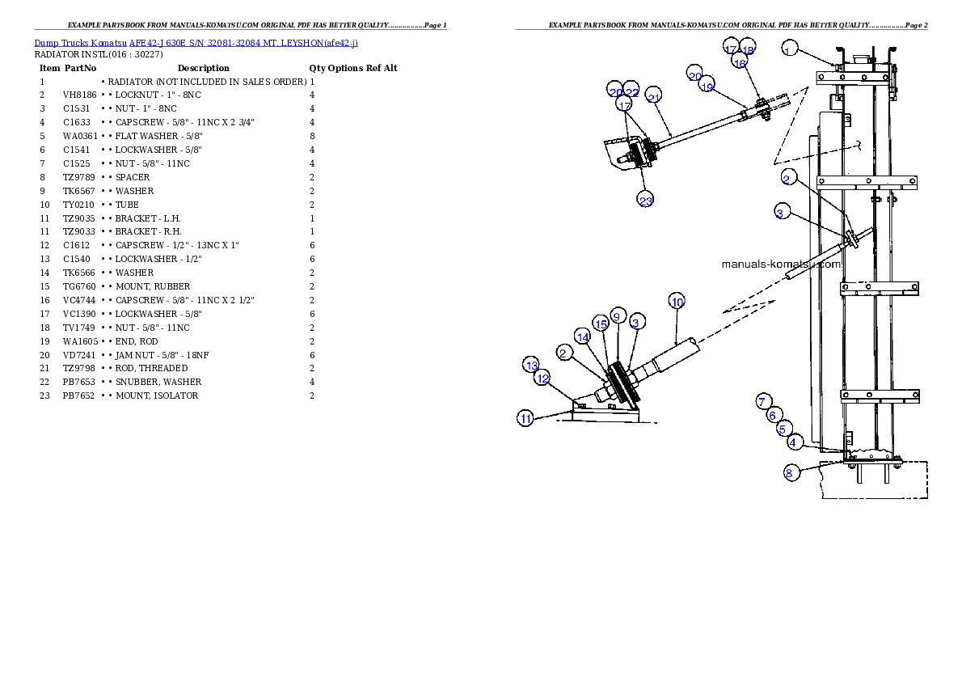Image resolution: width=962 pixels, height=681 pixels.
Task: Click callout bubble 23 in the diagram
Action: [645, 201]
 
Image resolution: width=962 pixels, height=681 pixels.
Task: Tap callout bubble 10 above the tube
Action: [677, 302]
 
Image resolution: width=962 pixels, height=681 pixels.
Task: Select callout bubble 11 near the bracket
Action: [525, 419]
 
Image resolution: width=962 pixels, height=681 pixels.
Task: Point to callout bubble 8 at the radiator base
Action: [791, 473]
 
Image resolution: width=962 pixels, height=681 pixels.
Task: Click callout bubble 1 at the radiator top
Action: [789, 49]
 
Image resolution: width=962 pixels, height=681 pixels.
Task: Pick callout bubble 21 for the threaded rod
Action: [653, 95]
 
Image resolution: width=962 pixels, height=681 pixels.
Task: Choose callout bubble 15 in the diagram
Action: [601, 324]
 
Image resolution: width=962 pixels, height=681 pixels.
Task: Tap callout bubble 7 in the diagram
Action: [763, 402]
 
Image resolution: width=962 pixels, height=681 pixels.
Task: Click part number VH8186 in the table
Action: [80, 95]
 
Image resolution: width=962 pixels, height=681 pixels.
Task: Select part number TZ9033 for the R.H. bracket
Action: [79, 232]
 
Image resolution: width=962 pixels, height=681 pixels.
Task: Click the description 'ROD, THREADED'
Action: [151, 369]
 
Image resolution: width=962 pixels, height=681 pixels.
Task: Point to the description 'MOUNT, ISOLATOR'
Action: [157, 396]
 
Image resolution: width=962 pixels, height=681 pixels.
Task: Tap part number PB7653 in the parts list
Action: [79, 382]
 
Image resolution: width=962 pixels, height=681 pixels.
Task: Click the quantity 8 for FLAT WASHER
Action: [312, 137]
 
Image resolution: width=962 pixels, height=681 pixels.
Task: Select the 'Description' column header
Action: [203, 68]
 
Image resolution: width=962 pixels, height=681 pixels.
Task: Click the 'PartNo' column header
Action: [80, 68]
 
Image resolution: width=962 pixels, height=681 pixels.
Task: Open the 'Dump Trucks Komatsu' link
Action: [80, 43]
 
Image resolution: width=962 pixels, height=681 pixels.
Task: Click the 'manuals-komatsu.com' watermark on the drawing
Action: [781, 264]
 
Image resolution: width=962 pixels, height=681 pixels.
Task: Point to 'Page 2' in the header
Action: [916, 25]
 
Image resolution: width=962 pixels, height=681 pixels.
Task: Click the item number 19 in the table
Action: [44, 341]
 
